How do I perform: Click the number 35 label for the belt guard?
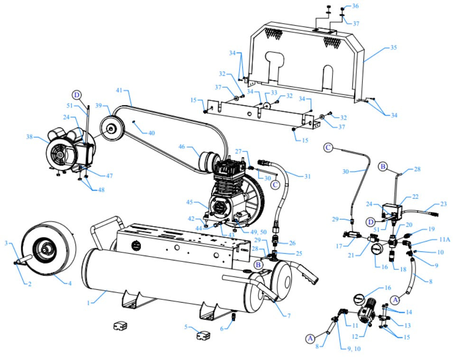(393, 48)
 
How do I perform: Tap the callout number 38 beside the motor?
(30, 137)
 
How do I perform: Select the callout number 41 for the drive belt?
(119, 90)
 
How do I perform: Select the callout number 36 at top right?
(355, 6)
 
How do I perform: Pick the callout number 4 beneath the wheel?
(70, 284)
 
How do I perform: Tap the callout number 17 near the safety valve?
(339, 247)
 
